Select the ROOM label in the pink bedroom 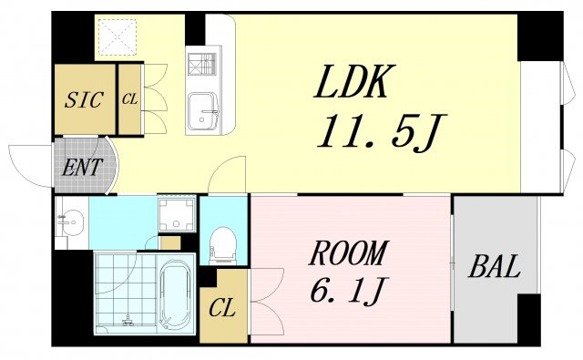coord(348,252)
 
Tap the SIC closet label coord(84,99)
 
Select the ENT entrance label coord(82,168)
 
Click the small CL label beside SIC coord(129,99)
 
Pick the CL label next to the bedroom coord(222,308)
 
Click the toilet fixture coord(222,245)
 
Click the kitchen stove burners coord(202,64)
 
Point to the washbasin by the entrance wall coord(72,222)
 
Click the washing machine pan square coord(177,214)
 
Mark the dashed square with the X coord(118,36)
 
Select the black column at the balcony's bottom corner coord(528,319)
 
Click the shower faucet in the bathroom coord(128,320)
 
